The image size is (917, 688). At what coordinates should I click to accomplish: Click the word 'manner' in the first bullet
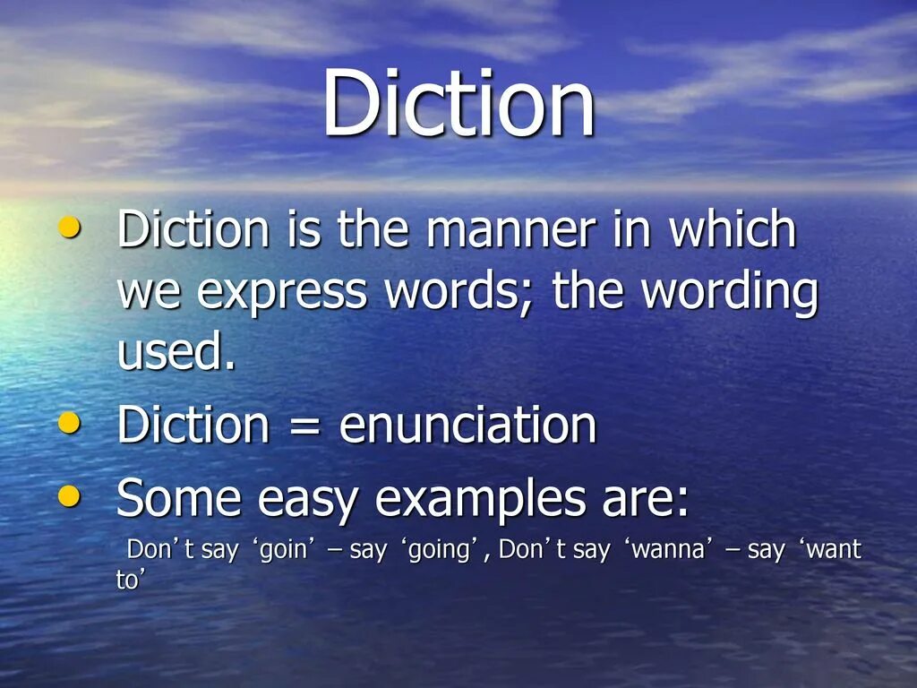pyautogui.click(x=510, y=231)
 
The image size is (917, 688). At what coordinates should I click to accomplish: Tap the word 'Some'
pyautogui.click(x=178, y=497)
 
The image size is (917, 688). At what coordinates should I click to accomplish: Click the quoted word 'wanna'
pyautogui.click(x=663, y=550)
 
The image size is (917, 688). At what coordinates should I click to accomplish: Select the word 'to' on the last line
pyautogui.click(x=128, y=580)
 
